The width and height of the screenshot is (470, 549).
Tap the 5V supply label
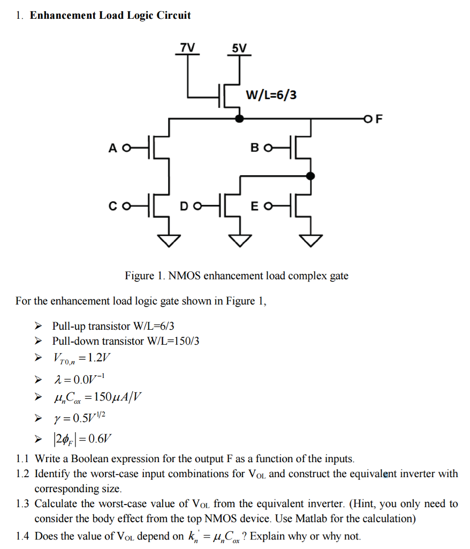click(239, 48)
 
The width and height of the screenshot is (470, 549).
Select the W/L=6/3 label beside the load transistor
click(271, 95)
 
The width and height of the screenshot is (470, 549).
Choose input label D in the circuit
click(184, 205)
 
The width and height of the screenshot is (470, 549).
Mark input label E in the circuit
click(254, 205)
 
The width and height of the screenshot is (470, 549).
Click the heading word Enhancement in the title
click(63, 15)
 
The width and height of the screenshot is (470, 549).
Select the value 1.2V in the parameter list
click(99, 358)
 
